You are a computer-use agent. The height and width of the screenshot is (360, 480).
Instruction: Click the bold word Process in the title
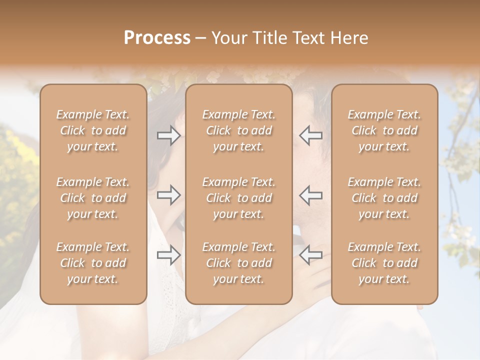(x=157, y=38)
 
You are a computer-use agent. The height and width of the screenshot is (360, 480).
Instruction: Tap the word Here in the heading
(x=349, y=38)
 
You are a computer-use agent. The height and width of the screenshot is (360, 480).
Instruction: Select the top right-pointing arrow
(x=168, y=135)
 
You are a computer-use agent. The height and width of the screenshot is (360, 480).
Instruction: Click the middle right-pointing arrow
(x=168, y=195)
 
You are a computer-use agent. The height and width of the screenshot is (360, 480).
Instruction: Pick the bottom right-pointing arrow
(x=168, y=255)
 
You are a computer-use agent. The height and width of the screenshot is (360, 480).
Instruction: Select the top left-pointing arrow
(x=310, y=135)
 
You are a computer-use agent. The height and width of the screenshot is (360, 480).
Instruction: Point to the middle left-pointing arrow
(x=310, y=195)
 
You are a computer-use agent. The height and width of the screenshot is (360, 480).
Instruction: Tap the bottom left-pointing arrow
(x=310, y=255)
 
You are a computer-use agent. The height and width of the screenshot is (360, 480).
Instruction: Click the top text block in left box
(x=93, y=130)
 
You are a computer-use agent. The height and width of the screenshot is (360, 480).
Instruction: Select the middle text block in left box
(x=93, y=198)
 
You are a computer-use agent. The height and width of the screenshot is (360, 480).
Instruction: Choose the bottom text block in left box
(x=93, y=263)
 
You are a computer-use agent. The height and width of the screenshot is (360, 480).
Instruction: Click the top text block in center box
(x=239, y=130)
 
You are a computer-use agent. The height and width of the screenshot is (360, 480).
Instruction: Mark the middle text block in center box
(x=239, y=198)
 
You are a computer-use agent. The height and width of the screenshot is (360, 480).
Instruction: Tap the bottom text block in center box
(x=239, y=263)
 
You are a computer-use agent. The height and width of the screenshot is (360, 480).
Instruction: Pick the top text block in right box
(x=384, y=130)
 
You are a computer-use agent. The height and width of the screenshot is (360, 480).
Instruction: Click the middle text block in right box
(x=384, y=198)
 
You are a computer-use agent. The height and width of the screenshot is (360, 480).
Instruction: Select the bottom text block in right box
(x=384, y=263)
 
